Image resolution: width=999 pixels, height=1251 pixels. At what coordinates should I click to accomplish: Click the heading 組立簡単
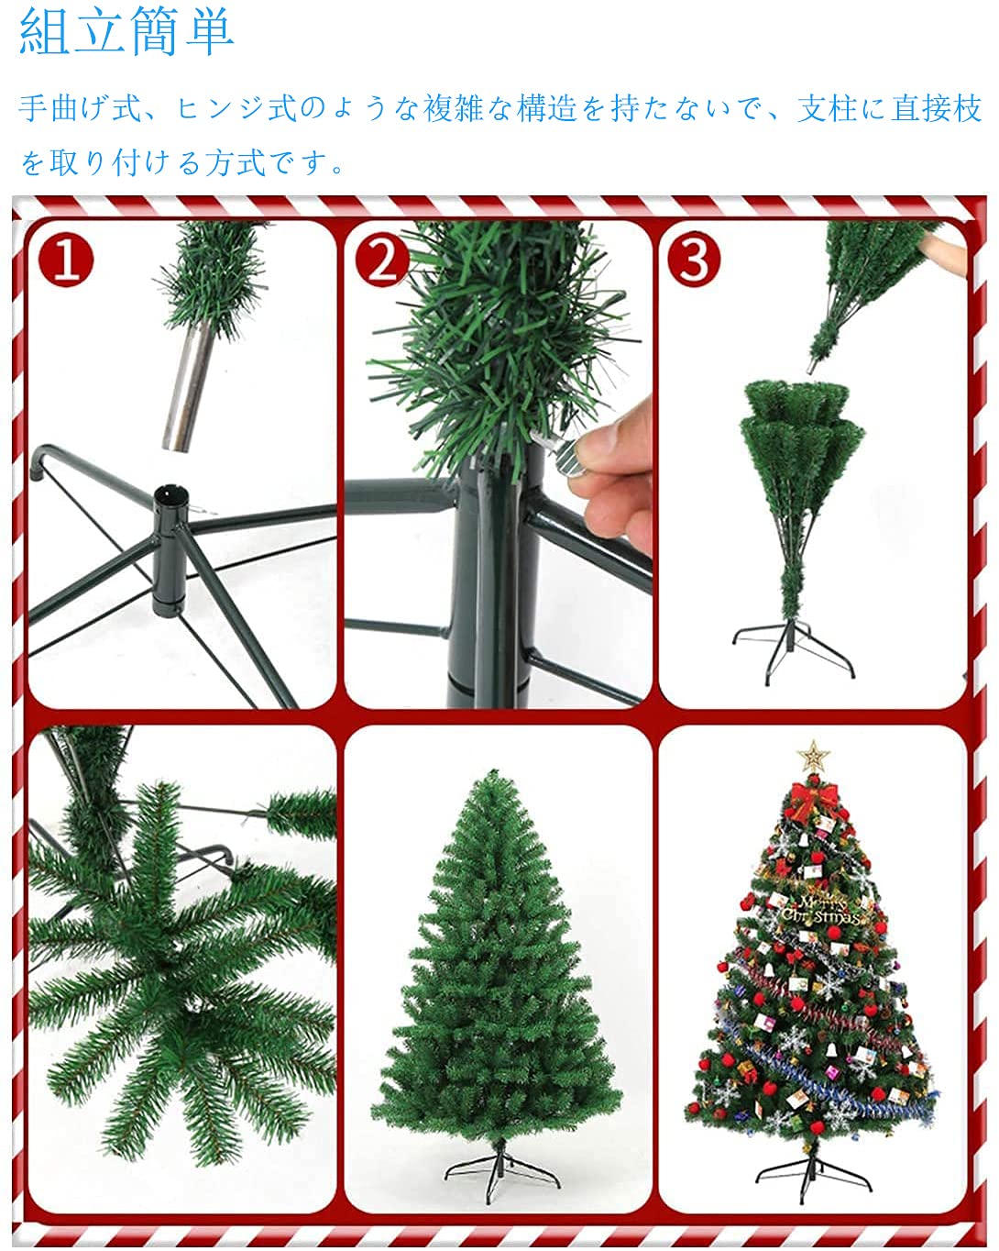[x=126, y=31]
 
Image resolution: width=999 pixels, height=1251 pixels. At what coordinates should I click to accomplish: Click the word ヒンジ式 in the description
[x=236, y=110]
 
